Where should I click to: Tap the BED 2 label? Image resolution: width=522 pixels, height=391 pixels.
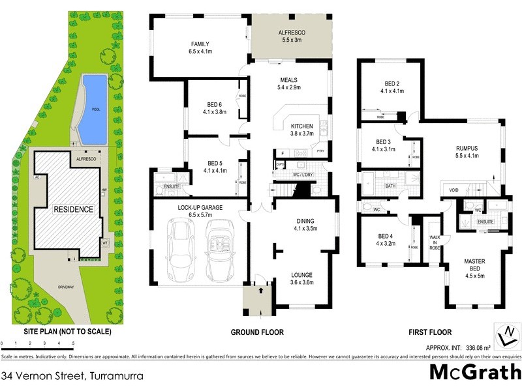391,87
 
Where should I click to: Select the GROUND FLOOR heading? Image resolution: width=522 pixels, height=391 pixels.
257,332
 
